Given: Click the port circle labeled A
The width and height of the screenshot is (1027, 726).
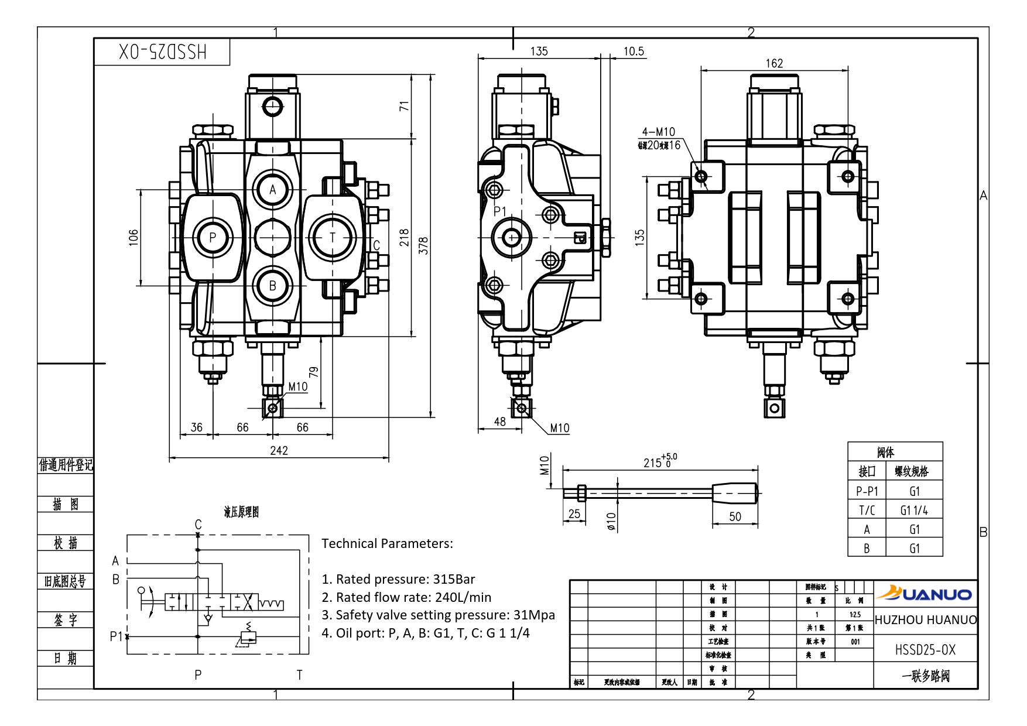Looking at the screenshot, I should click(272, 189).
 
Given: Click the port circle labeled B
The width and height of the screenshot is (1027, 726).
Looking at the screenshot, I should click(272, 285).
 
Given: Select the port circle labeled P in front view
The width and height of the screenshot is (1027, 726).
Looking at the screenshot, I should click(213, 237).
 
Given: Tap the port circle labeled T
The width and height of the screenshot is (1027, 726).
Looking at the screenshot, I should click(333, 237).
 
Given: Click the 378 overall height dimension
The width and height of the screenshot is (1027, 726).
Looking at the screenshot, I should click(425, 245).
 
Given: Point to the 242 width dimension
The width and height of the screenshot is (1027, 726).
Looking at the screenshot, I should click(279, 450).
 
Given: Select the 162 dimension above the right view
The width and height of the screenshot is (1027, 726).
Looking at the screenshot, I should click(774, 63).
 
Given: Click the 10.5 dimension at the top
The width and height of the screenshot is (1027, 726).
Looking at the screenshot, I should click(634, 52).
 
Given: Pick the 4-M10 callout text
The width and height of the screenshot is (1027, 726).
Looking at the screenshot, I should click(658, 132).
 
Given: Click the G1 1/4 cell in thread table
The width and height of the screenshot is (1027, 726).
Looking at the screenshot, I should click(914, 510).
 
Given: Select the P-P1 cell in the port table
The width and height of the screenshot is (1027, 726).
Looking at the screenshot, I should click(867, 491).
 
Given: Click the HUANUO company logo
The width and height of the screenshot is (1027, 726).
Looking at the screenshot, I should click(925, 594).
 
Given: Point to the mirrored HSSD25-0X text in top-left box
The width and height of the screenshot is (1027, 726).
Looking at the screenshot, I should click(163, 52).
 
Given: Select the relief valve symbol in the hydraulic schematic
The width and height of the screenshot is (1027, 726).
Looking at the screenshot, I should click(248, 637).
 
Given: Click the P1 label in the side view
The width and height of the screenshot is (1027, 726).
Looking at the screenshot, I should click(499, 211).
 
